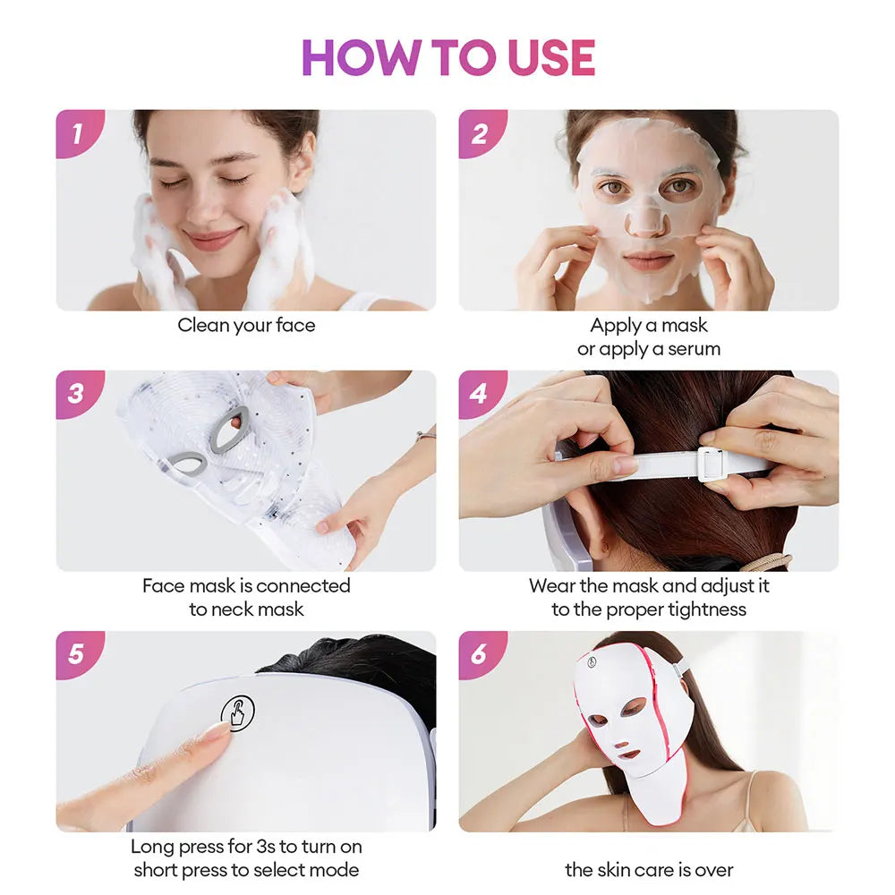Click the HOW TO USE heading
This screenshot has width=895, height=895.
click(x=448, y=57)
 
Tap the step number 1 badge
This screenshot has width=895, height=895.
click(x=76, y=133)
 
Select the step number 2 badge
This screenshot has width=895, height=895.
click(x=479, y=133)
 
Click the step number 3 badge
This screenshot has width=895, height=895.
click(x=76, y=394)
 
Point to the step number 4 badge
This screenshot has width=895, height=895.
click(x=479, y=394)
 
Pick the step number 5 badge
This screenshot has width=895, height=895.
click(x=76, y=654)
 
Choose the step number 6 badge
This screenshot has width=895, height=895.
click(x=479, y=654)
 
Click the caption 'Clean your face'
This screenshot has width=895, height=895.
click(x=246, y=326)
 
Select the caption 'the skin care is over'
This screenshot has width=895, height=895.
click(x=649, y=869)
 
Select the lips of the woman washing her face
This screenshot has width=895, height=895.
click(x=213, y=239)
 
